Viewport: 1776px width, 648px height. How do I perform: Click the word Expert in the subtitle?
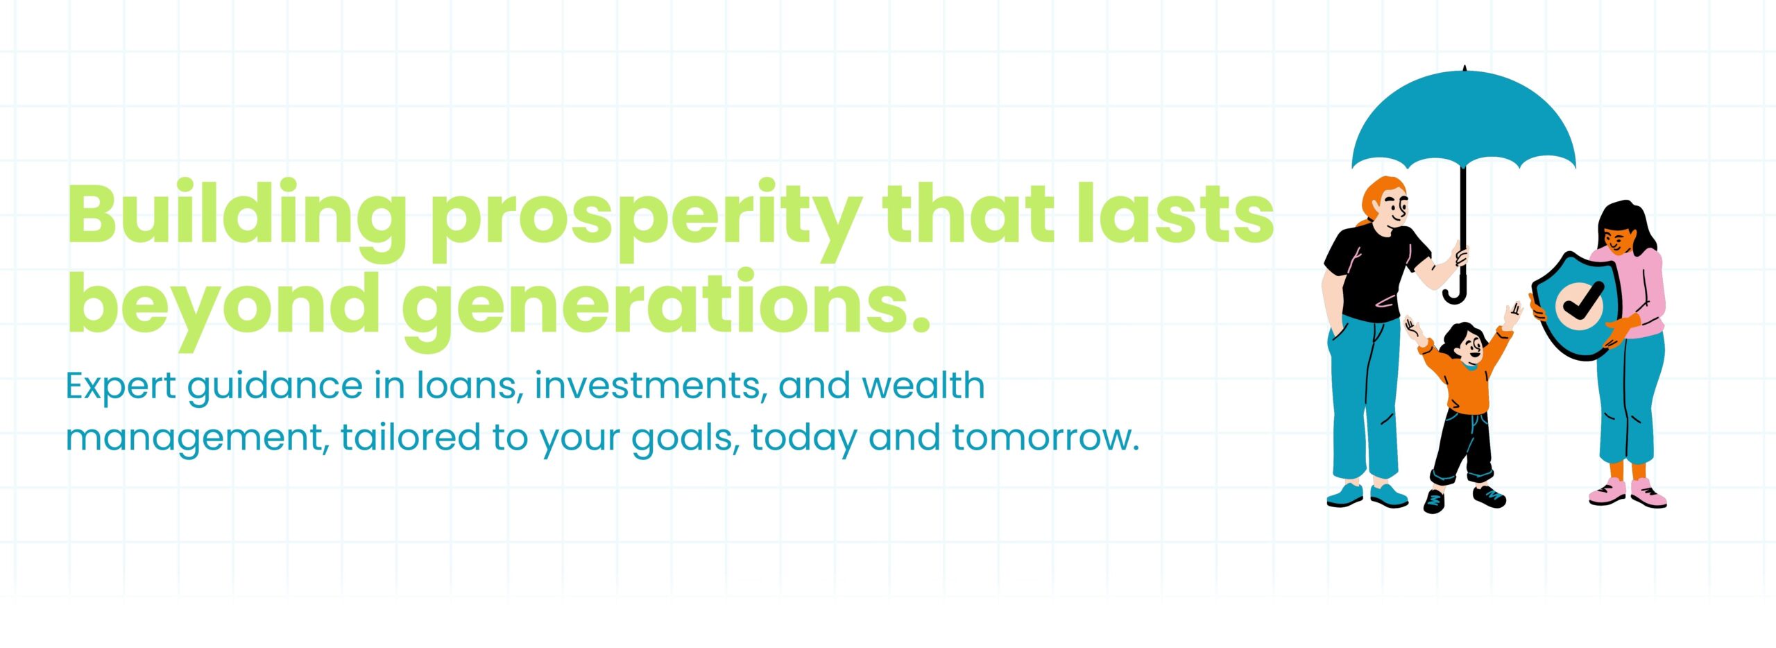pos(121,387)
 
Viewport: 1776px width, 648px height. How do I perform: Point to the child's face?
pos(1465,347)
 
